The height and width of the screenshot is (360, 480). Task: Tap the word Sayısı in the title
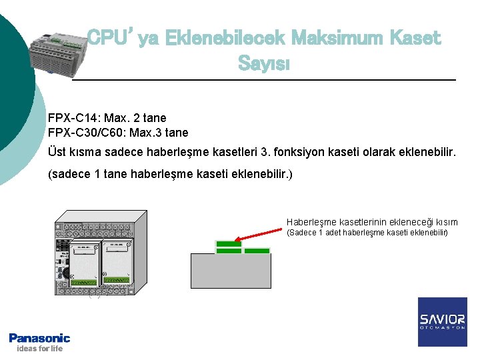pyautogui.click(x=263, y=65)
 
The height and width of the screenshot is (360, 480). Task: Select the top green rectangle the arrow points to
pyautogui.click(x=229, y=244)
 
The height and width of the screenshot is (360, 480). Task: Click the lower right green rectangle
pyautogui.click(x=257, y=251)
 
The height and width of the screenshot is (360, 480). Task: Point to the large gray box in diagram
pyautogui.click(x=231, y=271)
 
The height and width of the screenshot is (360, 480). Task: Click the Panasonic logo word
pyautogui.click(x=39, y=338)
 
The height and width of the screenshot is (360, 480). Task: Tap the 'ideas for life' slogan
pyautogui.click(x=39, y=349)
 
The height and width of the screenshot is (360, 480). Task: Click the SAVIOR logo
pyautogui.click(x=443, y=321)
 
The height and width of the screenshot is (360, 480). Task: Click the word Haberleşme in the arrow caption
pyautogui.click(x=311, y=222)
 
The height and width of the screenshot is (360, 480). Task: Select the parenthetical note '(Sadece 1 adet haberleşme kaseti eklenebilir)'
pyautogui.click(x=367, y=233)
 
